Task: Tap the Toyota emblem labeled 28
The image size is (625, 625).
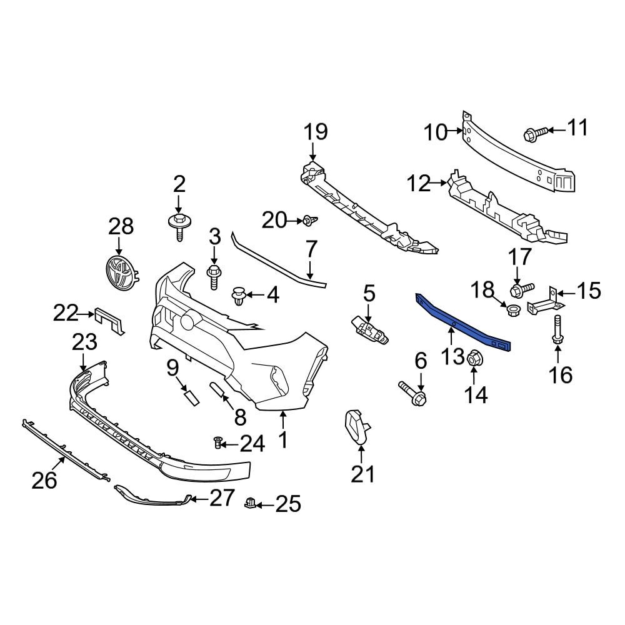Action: pyautogui.click(x=121, y=273)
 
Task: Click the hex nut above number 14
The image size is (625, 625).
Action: pyautogui.click(x=473, y=357)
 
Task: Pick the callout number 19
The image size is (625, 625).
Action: pyautogui.click(x=316, y=132)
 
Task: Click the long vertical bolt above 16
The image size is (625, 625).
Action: pyautogui.click(x=556, y=329)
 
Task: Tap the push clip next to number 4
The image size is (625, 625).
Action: pyautogui.click(x=240, y=295)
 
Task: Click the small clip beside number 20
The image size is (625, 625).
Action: pyautogui.click(x=309, y=220)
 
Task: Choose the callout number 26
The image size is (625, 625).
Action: pyautogui.click(x=45, y=480)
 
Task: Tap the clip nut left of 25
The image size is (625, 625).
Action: pyautogui.click(x=251, y=502)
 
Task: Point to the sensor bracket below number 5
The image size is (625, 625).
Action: pyautogui.click(x=368, y=329)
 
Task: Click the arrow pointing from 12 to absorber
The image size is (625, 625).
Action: pyautogui.click(x=440, y=183)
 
